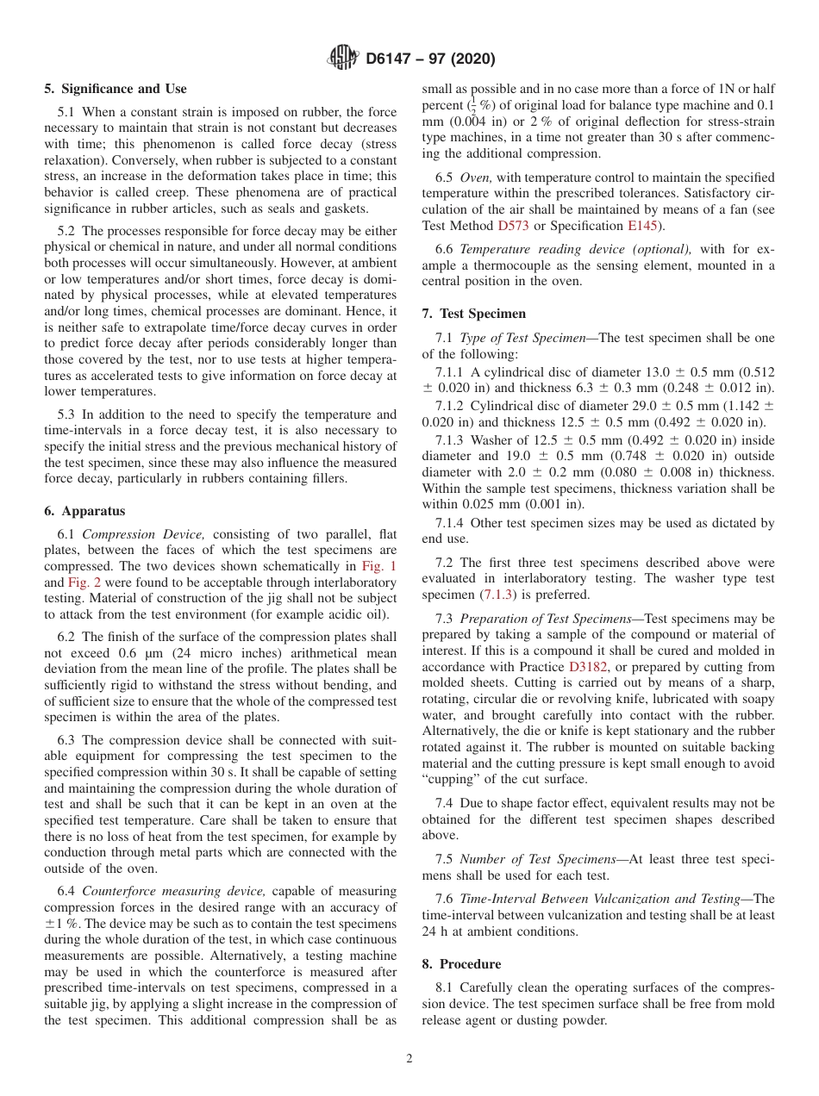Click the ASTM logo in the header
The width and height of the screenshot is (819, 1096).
[344, 59]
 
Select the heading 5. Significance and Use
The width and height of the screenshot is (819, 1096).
[116, 89]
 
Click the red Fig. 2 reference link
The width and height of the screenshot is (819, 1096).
[84, 582]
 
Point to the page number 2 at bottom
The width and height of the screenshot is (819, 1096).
[409, 1059]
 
